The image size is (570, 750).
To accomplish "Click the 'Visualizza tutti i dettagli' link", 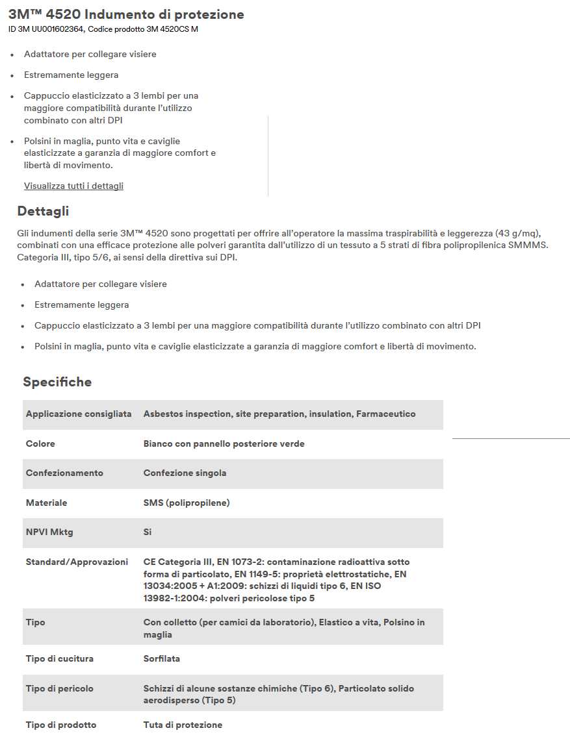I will click(x=73, y=186).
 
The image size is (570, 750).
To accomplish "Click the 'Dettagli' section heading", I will click(x=43, y=211).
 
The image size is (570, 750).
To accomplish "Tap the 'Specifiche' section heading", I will click(x=57, y=382).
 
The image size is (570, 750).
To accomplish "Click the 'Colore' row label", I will click(x=40, y=444).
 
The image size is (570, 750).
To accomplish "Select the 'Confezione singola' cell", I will click(x=185, y=473).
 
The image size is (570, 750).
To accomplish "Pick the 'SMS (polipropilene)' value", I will click(x=187, y=503).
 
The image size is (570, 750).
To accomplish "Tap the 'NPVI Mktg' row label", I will click(x=49, y=532).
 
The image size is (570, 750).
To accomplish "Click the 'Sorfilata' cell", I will click(x=162, y=659).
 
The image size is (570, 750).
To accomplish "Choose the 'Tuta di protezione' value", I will click(x=183, y=725).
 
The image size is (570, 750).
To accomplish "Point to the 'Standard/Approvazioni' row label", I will click(x=77, y=562).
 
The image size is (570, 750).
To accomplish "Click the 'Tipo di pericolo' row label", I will click(x=60, y=689).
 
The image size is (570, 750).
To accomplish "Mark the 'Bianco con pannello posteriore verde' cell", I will click(x=224, y=444).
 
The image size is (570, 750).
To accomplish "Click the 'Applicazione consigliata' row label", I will click(x=79, y=414).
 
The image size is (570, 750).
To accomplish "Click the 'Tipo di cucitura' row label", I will click(x=60, y=659).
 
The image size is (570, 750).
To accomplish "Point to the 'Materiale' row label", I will click(x=46, y=503).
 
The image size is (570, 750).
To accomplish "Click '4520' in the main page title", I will click(x=64, y=14).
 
